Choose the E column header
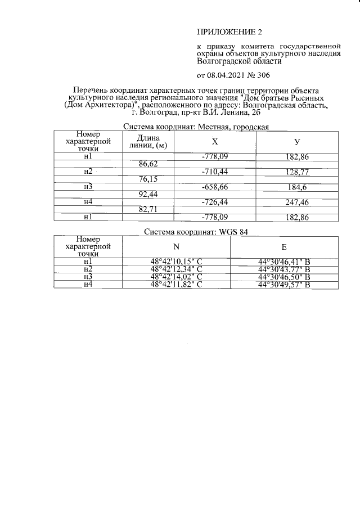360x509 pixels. click(x=283, y=246)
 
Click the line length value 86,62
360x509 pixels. click(x=148, y=163)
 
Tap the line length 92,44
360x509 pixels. click(x=148, y=194)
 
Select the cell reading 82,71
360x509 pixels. click(x=148, y=209)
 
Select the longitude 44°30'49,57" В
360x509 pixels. click(x=283, y=285)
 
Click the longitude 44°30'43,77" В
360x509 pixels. click(x=283, y=269)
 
